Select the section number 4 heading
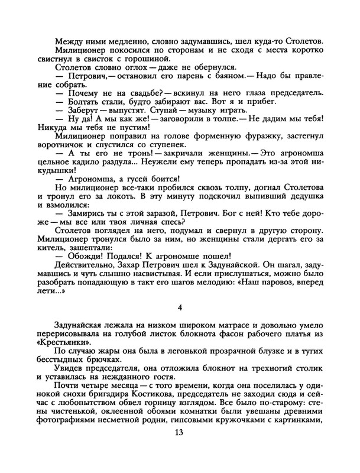tap(180, 307)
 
